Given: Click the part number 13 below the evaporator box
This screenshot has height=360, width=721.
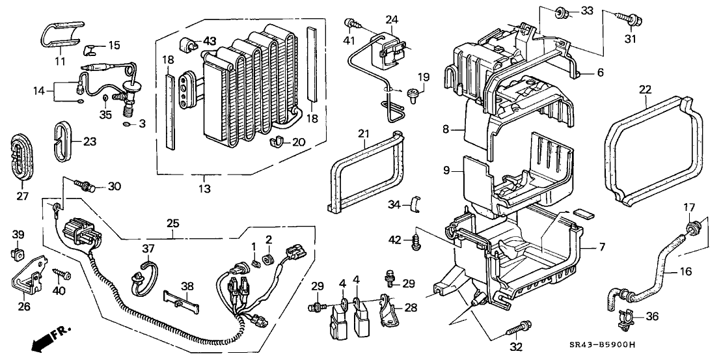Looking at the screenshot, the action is (204, 189).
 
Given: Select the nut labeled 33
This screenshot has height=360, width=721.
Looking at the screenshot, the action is (560, 12).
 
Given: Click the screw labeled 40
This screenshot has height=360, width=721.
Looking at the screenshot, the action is (61, 273).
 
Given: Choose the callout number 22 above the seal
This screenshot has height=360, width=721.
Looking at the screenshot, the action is (645, 90).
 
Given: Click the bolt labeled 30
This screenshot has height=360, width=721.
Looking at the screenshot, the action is (85, 186).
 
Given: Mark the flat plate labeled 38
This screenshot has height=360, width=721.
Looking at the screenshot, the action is (178, 301).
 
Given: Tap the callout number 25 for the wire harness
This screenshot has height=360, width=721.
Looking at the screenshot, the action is (173, 223).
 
